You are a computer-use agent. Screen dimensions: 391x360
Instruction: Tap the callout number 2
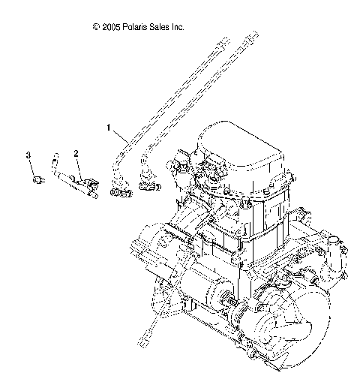coord(76,152)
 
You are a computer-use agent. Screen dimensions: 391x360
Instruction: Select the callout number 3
coord(29,154)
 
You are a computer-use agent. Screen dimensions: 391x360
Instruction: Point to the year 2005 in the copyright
coord(111,27)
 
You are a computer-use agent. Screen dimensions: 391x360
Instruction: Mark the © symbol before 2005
coord(95,27)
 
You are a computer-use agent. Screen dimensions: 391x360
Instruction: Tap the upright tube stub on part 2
coord(53,161)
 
